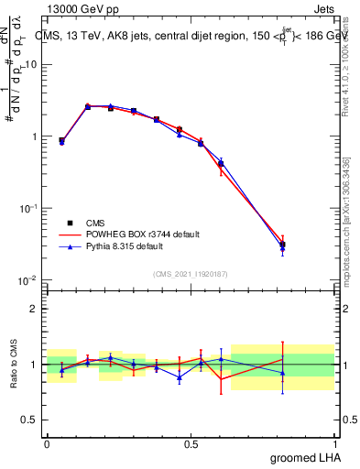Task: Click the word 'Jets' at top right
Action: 322,9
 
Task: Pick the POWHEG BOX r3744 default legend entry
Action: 128,234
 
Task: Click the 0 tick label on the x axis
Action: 47,444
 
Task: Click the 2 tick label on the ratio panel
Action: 35,309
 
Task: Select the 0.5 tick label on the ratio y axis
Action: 30,420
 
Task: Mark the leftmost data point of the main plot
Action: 61,141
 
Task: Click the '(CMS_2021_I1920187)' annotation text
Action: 190,272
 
